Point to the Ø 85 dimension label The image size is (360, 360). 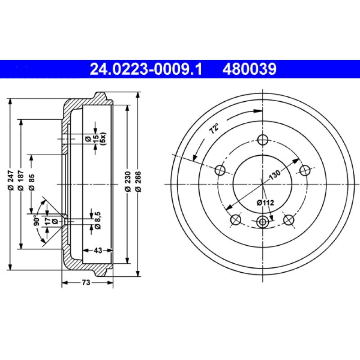pyautogui.click(x=31, y=184)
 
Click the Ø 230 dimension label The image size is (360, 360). pyautogui.click(x=128, y=184)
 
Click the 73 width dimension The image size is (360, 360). pyautogui.click(x=86, y=283)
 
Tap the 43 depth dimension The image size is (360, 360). pyautogui.click(x=98, y=250)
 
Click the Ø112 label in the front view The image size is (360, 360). pyautogui.click(x=265, y=203)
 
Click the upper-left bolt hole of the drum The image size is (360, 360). pyautogui.click(x=220, y=170)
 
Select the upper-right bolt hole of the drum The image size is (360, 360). pyautogui.click(x=305, y=170)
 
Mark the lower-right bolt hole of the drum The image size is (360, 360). pyautogui.click(x=289, y=220)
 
